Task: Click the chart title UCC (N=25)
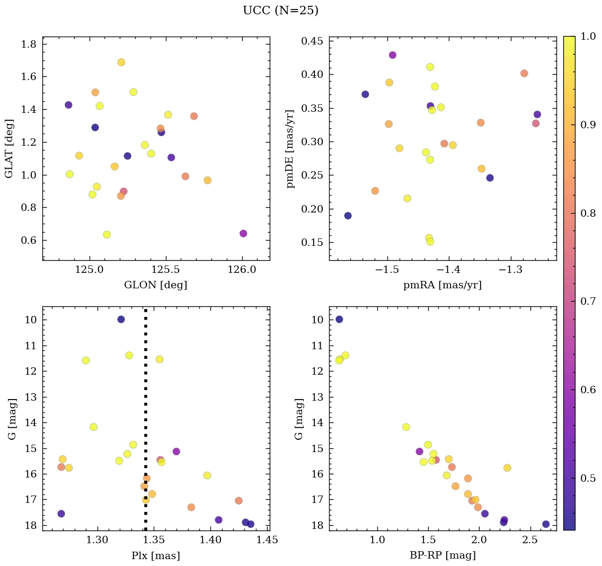pyautogui.click(x=280, y=11)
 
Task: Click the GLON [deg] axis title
pyautogui.click(x=155, y=285)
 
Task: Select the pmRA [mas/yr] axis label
pyautogui.click(x=442, y=285)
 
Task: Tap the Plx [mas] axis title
pyautogui.click(x=155, y=555)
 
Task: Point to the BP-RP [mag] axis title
pyautogui.click(x=442, y=555)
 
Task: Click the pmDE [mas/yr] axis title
pyautogui.click(x=290, y=148)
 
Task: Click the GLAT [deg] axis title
pyautogui.click(x=9, y=148)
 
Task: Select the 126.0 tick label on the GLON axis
pyautogui.click(x=242, y=270)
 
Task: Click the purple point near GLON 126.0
pyautogui.click(x=243, y=234)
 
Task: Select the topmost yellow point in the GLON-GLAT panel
pyautogui.click(x=121, y=62)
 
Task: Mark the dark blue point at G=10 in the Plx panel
pyautogui.click(x=121, y=319)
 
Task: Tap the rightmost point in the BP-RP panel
pyautogui.click(x=546, y=524)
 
